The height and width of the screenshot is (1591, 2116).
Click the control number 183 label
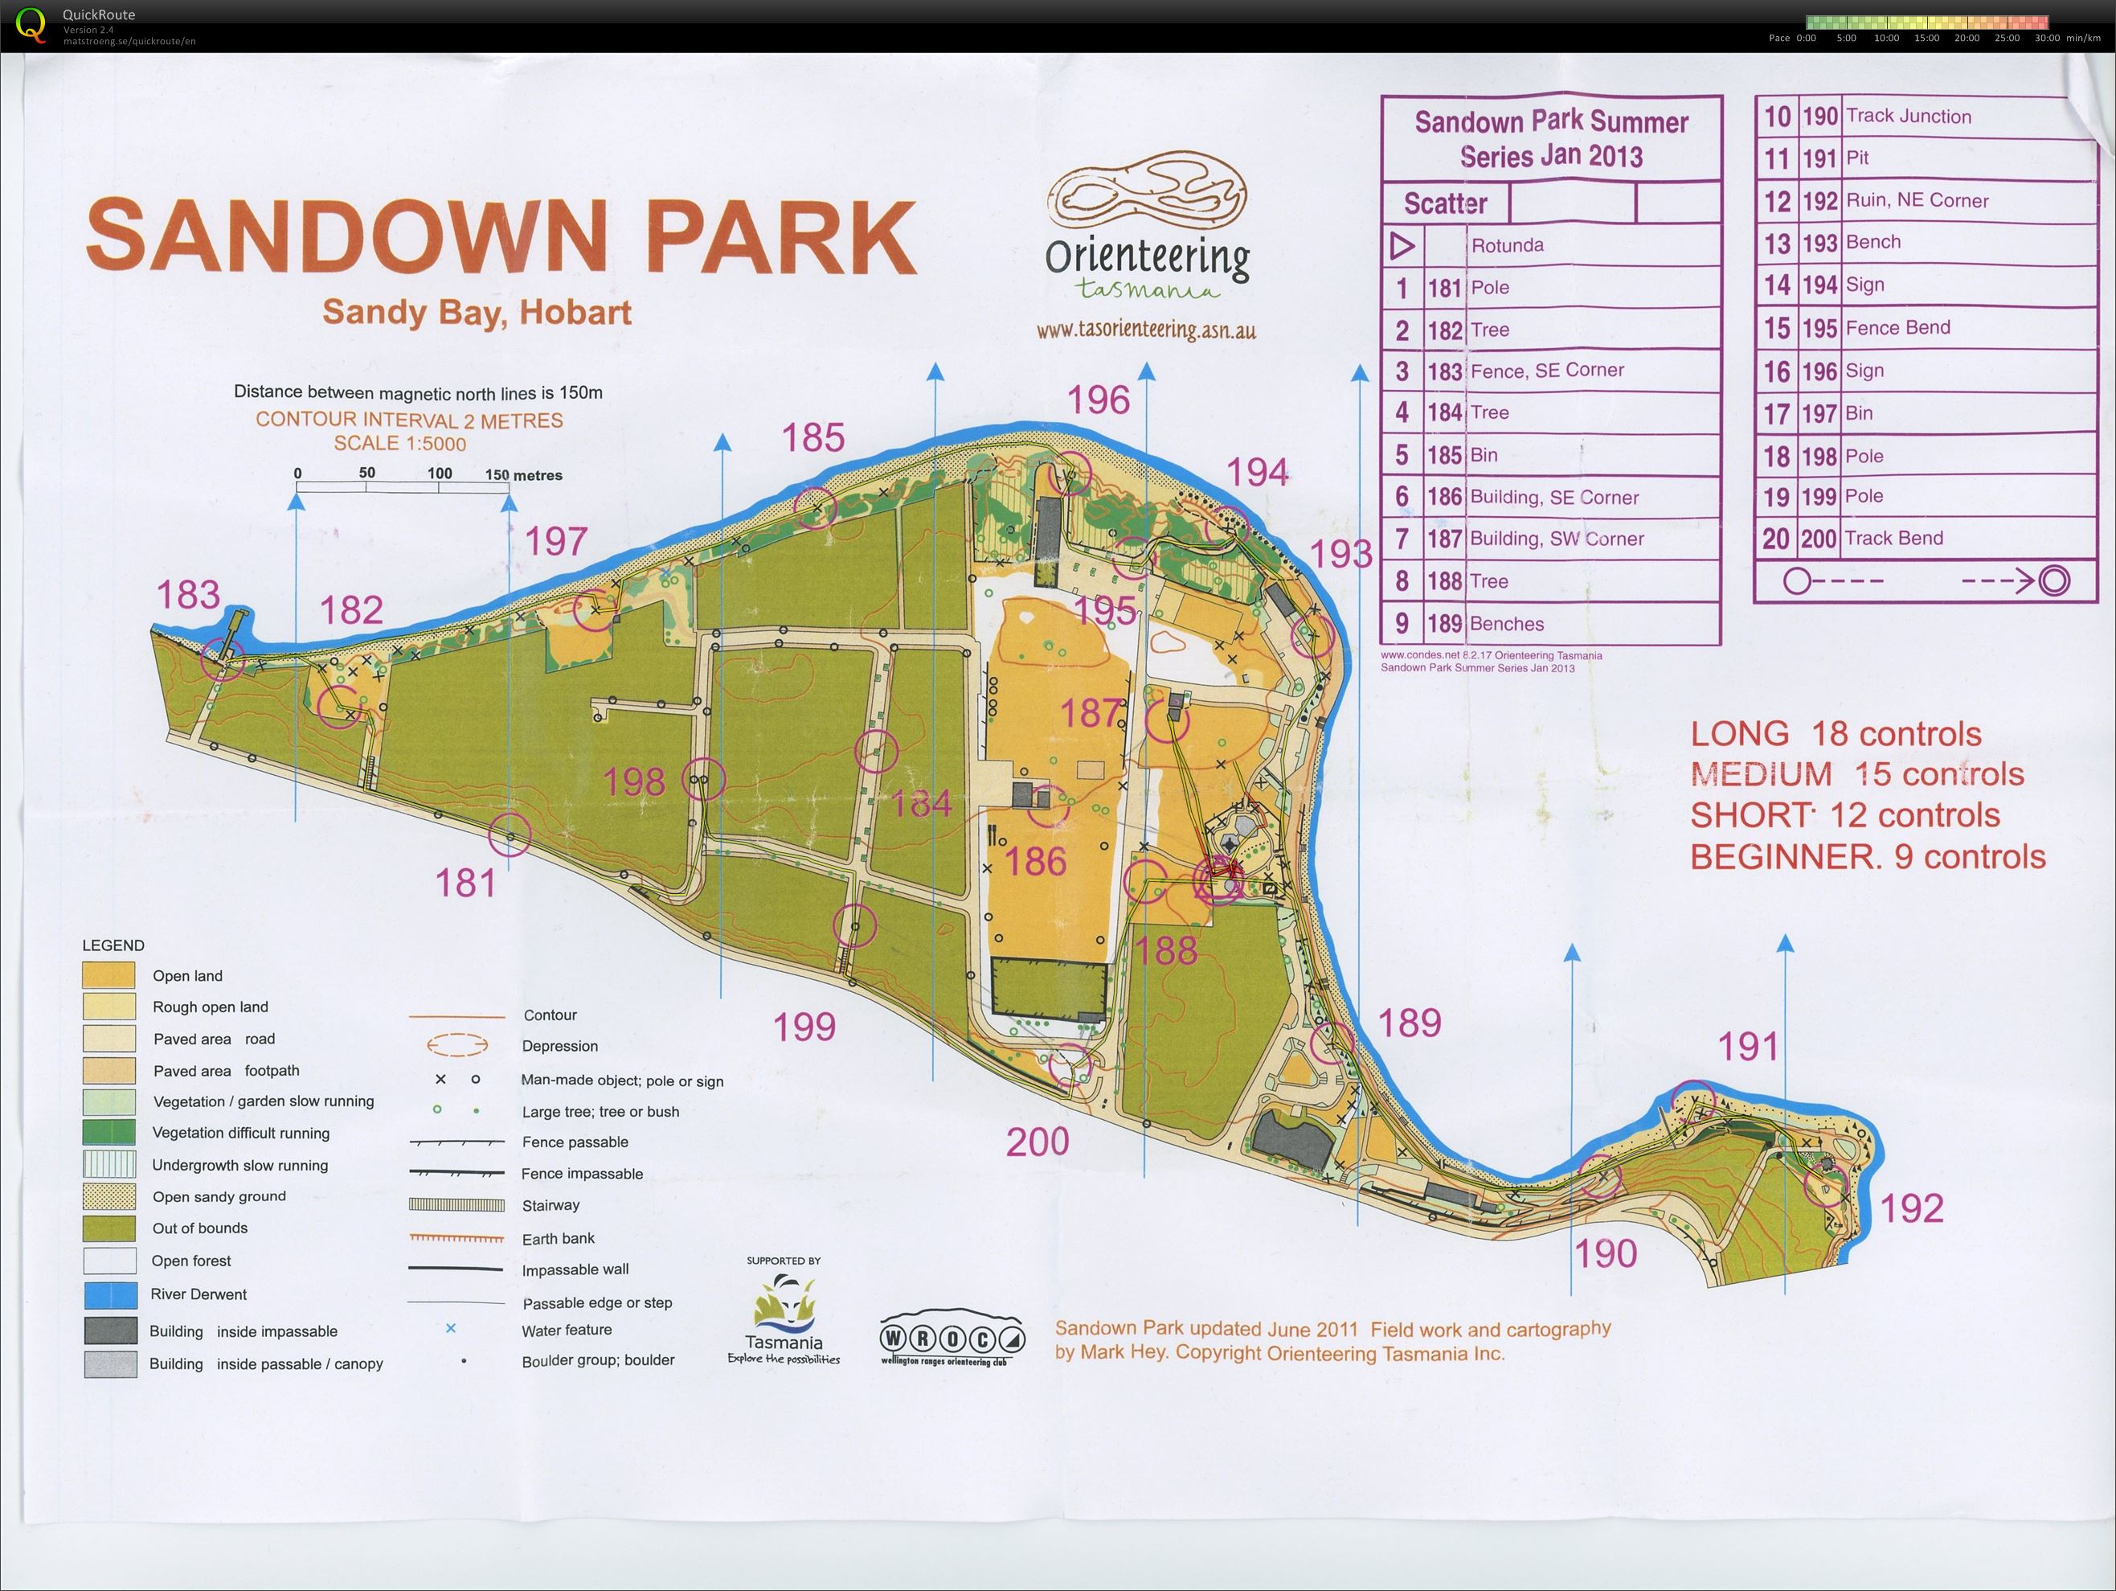tap(187, 595)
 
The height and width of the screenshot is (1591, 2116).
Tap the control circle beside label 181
tap(509, 835)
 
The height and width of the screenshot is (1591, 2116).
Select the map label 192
tap(1911, 1208)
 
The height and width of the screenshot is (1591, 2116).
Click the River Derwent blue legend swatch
tap(110, 1294)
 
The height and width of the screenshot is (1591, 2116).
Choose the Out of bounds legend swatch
tap(110, 1228)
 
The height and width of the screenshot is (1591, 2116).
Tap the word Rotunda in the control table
tap(1507, 245)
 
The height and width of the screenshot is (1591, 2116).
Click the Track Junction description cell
tap(1908, 116)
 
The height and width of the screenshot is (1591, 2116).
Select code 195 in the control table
tap(1819, 328)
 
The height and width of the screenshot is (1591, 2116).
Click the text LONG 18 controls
tap(1835, 734)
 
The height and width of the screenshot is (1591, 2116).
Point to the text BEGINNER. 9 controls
tap(1868, 856)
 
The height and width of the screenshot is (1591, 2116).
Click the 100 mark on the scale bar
tap(439, 474)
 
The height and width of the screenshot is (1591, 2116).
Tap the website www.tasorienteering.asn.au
tap(1146, 330)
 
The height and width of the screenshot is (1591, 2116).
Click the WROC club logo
tap(952, 1338)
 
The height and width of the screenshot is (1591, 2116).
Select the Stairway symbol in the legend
tap(456, 1205)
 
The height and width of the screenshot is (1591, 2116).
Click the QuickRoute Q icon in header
tap(31, 24)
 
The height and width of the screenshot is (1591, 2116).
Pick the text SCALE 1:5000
tap(400, 444)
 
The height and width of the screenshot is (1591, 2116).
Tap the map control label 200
tap(1037, 1142)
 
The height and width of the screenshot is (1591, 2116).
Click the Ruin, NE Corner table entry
tap(1916, 201)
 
